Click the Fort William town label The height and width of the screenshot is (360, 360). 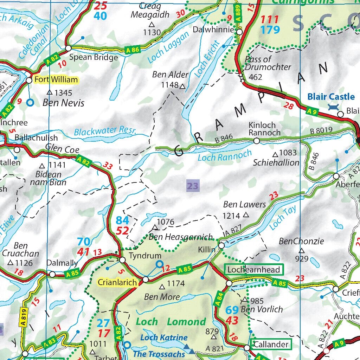coord(56,80)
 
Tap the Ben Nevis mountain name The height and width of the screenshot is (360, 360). coord(63,103)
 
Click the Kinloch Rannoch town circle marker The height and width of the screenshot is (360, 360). coord(257,141)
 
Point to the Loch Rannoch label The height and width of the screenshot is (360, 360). coord(225,155)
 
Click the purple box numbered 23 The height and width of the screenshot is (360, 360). coord(193,186)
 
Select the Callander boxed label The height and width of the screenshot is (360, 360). coord(271,344)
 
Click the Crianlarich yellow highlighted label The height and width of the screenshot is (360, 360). coord(117,282)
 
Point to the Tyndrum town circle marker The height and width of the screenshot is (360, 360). coord(122,260)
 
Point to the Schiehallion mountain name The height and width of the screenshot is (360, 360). coord(276,163)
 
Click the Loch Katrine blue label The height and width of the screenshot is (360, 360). coord(164,337)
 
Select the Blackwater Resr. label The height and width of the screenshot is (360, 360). coord(105,131)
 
